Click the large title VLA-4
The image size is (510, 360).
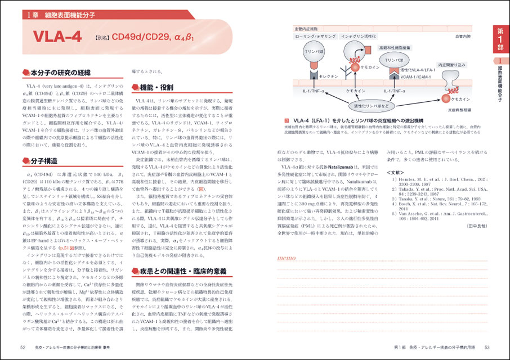pos(58,38)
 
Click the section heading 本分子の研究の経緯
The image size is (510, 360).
pos(60,73)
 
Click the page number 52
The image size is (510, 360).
pos(23,348)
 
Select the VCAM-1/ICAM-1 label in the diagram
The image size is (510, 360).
pos(416,76)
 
